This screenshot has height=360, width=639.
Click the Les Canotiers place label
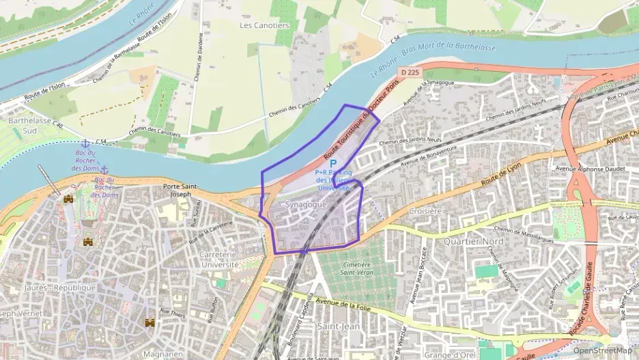(x=264, y=25)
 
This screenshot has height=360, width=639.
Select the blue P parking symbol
(x=333, y=164)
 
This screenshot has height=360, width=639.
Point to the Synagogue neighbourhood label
(x=306, y=204)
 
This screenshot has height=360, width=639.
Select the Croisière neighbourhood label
(x=426, y=212)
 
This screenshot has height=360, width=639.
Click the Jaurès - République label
(x=59, y=288)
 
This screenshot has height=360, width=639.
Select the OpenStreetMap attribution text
(x=602, y=351)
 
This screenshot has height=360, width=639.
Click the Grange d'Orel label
(x=449, y=354)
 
